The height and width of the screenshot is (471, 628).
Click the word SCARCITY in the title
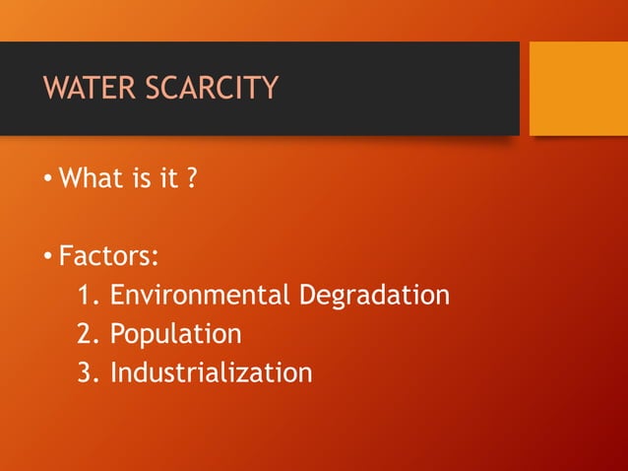tap(212, 88)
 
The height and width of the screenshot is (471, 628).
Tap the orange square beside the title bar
tap(578, 88)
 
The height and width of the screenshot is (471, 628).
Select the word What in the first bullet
tap(91, 179)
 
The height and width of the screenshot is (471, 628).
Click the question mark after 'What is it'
tap(192, 179)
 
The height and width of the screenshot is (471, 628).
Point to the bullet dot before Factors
tap(47, 258)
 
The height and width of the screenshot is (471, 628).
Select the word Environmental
tap(200, 295)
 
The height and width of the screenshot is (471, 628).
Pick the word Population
tap(175, 334)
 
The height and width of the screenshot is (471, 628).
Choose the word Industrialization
tap(211, 372)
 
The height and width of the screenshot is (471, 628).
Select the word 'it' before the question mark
tap(170, 179)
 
